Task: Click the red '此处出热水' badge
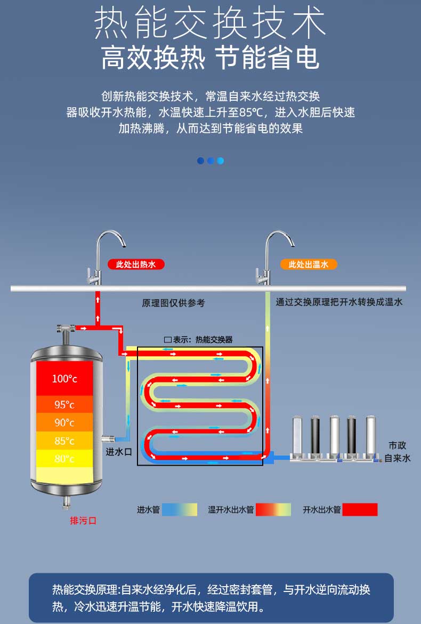click(135, 264)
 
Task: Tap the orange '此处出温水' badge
click(309, 264)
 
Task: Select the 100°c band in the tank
click(64, 379)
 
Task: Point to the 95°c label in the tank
click(64, 405)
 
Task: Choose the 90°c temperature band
click(64, 422)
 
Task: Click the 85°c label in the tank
click(64, 441)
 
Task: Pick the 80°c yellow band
click(64, 459)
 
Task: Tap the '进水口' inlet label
click(118, 452)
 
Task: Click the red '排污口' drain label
click(83, 521)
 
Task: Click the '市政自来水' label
click(398, 452)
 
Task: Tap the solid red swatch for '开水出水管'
click(360, 509)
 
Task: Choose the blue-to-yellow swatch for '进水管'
click(180, 509)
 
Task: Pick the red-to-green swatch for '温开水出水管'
click(273, 509)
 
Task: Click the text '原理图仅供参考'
click(173, 303)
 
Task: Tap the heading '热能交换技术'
click(210, 23)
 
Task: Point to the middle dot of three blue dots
click(210, 161)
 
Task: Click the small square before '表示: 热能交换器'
click(168, 340)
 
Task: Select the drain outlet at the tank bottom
click(67, 502)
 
